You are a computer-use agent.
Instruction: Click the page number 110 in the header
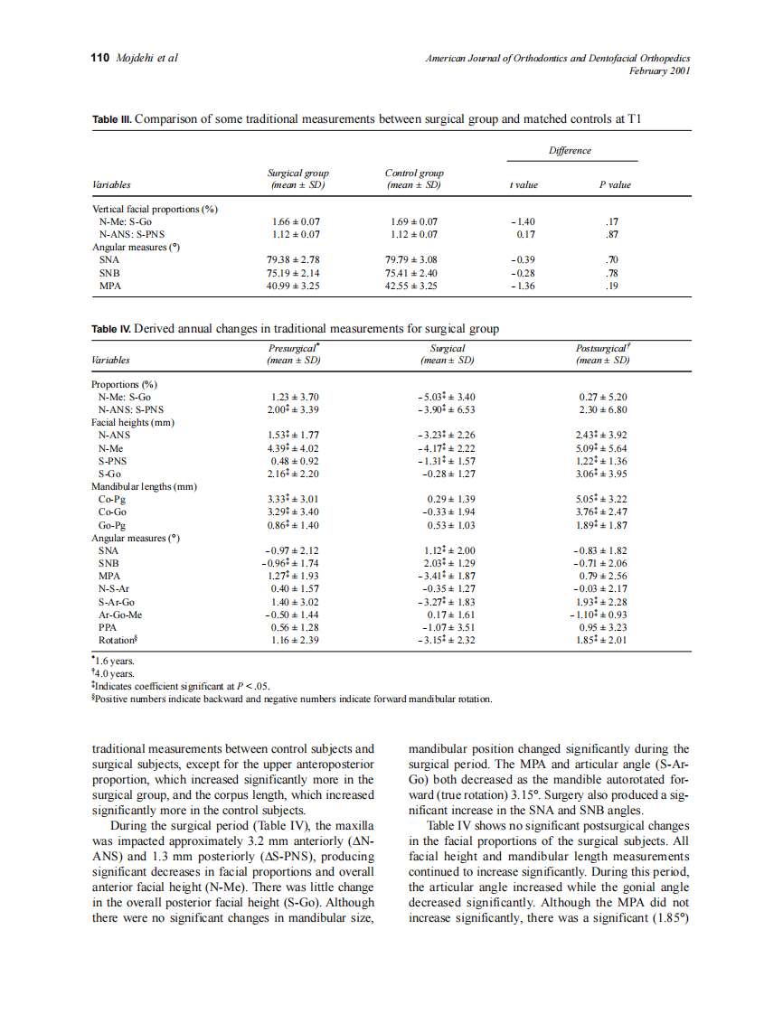point(100,58)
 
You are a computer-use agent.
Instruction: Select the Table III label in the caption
point(112,118)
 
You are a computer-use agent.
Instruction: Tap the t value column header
point(524,184)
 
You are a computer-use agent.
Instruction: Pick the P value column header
point(615,184)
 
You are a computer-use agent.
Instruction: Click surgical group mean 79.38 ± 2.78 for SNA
point(297,259)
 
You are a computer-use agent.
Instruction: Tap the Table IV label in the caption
point(112,328)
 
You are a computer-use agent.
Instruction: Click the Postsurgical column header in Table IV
point(602,348)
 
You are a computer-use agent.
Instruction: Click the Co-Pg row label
point(112,499)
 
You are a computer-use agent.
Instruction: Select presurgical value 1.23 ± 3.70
point(295,397)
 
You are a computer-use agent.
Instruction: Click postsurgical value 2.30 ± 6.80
point(603,409)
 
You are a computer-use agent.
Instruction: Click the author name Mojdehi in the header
point(137,58)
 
